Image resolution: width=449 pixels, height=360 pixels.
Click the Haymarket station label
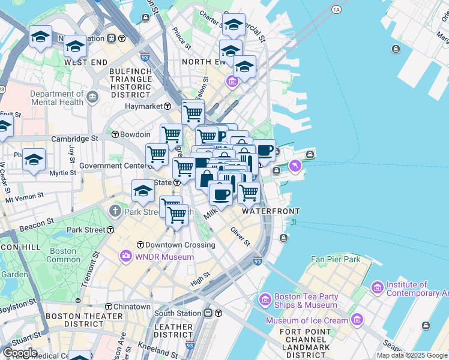point(144,106)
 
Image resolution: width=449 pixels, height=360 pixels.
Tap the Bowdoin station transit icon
point(115,134)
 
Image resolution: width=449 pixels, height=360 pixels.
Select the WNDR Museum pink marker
point(125,257)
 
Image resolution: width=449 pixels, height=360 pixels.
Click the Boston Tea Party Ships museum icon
point(265,299)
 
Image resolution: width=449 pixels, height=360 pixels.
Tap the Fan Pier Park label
point(336,259)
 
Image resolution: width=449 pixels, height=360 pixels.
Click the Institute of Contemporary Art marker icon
point(377,288)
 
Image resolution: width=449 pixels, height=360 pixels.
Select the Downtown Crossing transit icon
point(140,245)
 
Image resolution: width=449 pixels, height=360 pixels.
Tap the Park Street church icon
point(115,211)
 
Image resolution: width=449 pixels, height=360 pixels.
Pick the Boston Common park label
point(63,256)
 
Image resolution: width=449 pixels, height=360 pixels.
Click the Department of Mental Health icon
point(92,97)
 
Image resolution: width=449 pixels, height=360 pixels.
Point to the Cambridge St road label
point(74,139)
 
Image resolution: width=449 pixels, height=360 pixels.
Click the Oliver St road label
point(240,236)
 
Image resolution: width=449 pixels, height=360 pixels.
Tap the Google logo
point(19,353)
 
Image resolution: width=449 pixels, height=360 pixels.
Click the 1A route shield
point(336,10)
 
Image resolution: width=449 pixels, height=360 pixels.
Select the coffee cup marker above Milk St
point(221,194)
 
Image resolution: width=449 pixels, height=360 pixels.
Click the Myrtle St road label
point(63,173)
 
